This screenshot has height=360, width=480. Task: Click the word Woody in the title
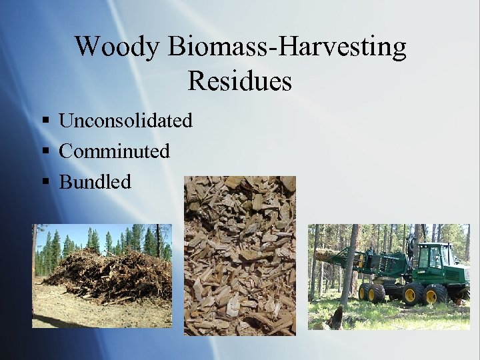[x=117, y=47]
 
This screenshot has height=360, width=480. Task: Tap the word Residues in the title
[x=239, y=81]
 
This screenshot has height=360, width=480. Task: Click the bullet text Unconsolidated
[x=125, y=121]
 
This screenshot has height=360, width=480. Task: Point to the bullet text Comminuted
[x=114, y=151]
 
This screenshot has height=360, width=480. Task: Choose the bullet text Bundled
[x=95, y=181]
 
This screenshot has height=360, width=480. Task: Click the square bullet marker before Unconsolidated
[x=45, y=121]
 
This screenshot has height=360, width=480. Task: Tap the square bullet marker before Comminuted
[x=45, y=152]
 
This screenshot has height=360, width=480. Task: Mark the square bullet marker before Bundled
[x=45, y=182]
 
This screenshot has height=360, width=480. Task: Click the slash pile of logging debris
[x=107, y=273]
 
